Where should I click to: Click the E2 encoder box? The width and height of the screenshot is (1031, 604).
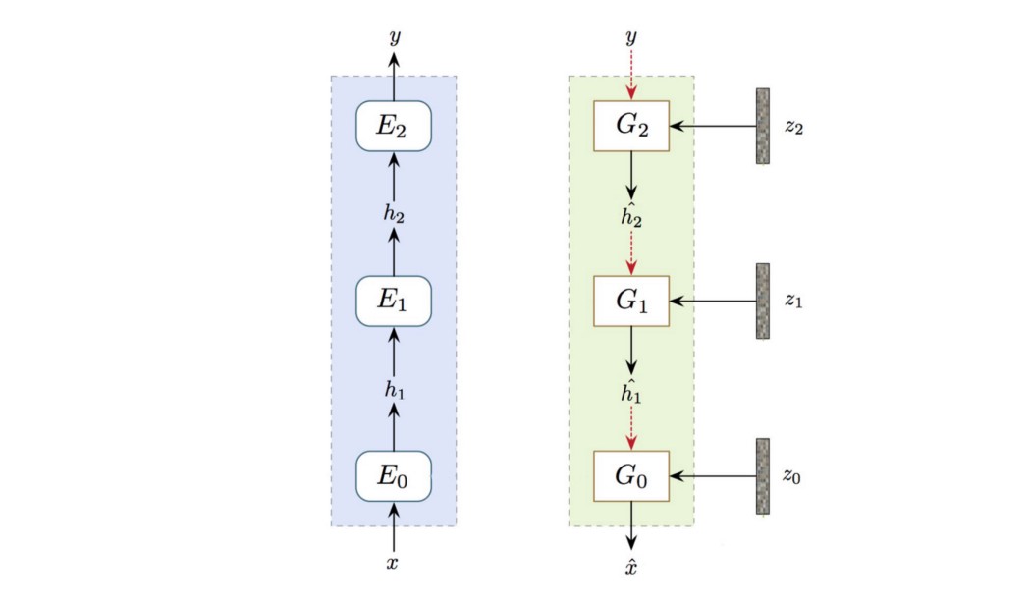[394, 126]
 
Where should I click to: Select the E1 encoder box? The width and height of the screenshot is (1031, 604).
[394, 301]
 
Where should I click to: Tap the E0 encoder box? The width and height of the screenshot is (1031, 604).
[394, 475]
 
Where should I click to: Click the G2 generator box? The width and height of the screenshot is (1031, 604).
[631, 126]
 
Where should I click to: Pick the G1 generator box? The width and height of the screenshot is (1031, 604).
[631, 301]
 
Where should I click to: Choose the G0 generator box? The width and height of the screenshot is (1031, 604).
[631, 475]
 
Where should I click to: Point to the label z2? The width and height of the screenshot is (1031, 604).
[794, 128]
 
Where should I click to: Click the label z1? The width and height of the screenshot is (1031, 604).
[794, 302]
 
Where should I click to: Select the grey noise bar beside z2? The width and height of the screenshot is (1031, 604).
[762, 126]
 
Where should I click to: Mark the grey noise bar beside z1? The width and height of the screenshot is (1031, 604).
[762, 301]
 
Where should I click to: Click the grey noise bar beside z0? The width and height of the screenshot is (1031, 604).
[762, 475]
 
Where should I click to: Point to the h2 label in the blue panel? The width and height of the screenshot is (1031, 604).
[394, 213]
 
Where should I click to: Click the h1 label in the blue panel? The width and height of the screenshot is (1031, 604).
[394, 389]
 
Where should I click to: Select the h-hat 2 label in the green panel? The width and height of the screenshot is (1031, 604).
[631, 215]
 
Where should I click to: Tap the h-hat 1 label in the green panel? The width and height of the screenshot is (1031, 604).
[631, 390]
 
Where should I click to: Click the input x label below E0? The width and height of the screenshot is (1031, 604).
[394, 563]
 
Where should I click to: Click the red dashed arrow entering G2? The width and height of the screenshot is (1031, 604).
[631, 74]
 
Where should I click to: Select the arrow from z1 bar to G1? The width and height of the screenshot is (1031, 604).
[714, 301]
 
